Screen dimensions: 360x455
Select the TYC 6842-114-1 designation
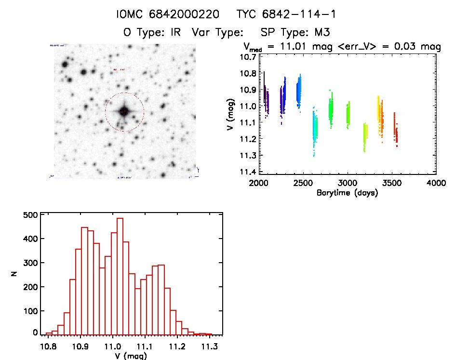286,14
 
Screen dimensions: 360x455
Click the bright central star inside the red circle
124,111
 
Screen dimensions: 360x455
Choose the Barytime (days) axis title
347,193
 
